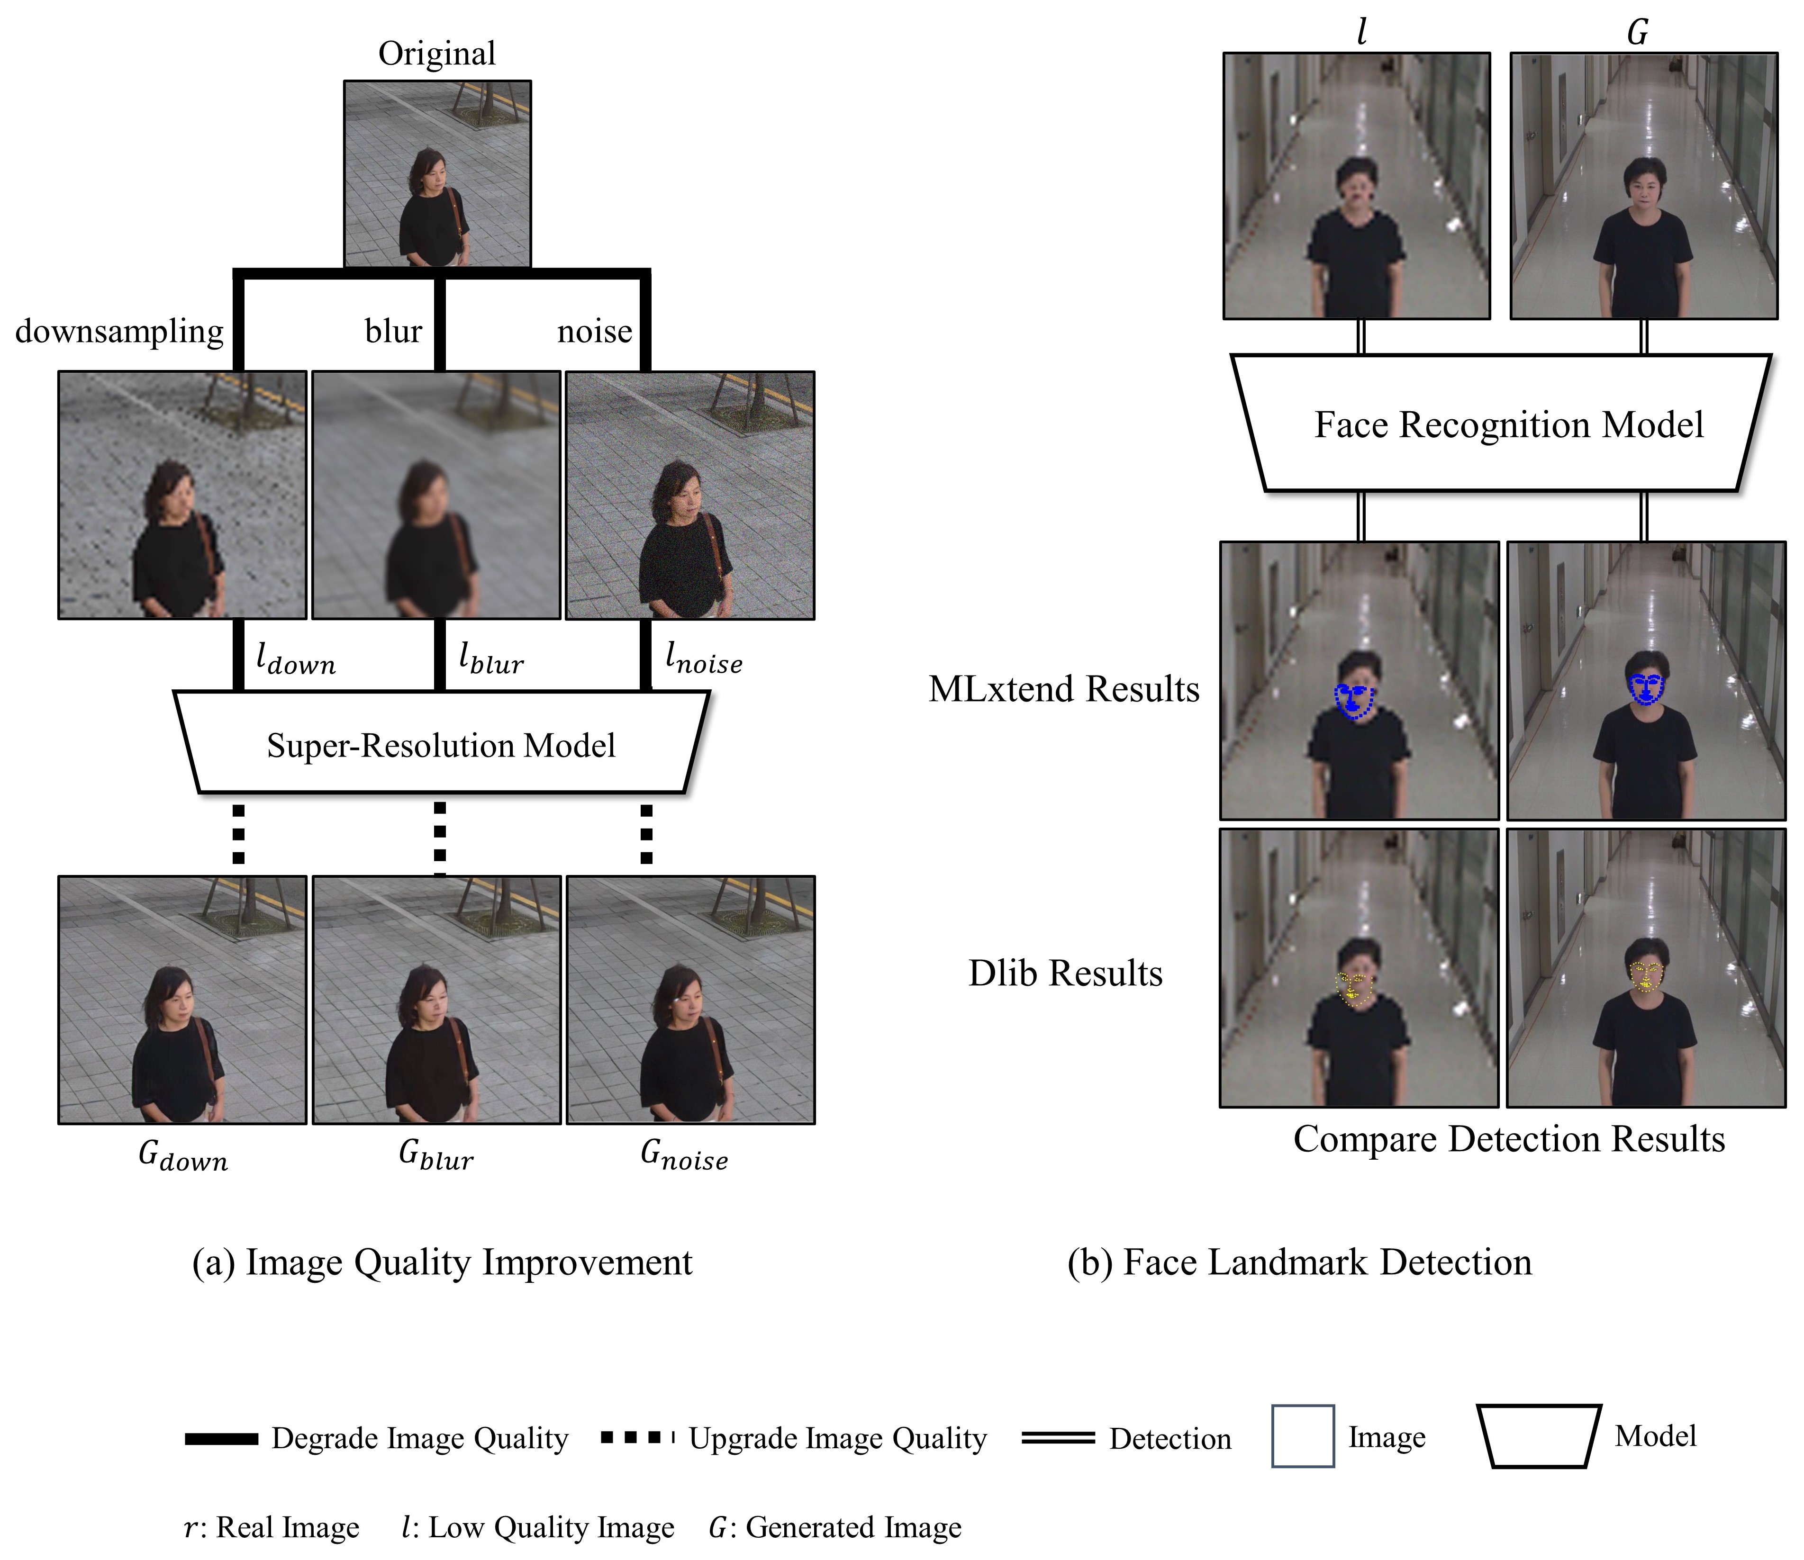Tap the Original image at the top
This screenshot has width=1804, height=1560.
pyautogui.click(x=437, y=173)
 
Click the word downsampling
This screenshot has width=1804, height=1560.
pyautogui.click(x=119, y=332)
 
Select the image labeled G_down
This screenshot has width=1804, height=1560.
pyautogui.click(x=182, y=1000)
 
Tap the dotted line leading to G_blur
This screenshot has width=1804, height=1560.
pyautogui.click(x=440, y=834)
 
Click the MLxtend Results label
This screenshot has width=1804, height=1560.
pyautogui.click(x=1063, y=689)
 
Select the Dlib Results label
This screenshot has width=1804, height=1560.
pyautogui.click(x=1065, y=973)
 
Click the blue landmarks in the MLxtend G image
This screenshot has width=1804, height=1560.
pyautogui.click(x=1646, y=689)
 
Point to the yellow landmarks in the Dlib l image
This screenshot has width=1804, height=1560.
pyautogui.click(x=1355, y=990)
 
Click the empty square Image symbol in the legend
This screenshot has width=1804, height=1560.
pyautogui.click(x=1303, y=1435)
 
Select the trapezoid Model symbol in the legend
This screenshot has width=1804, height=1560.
pyautogui.click(x=1539, y=1435)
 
